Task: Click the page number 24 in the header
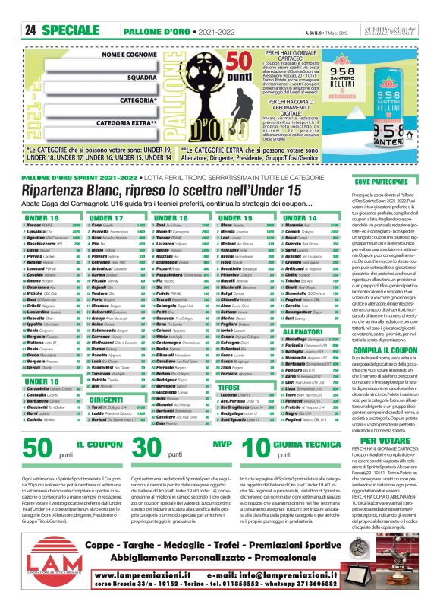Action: [x=31, y=30]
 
